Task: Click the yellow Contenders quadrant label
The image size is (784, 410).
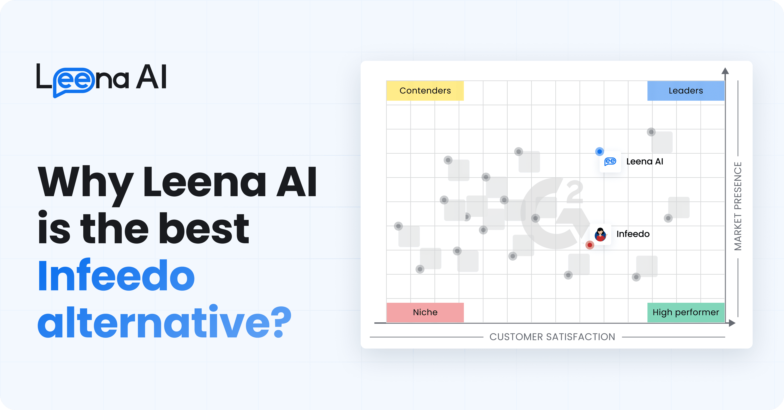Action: click(x=425, y=90)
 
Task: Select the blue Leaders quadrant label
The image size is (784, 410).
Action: click(x=686, y=90)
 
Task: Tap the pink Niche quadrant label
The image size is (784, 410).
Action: click(x=425, y=312)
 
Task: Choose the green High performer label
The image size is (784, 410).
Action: click(x=686, y=312)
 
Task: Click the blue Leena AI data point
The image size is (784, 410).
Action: click(x=599, y=151)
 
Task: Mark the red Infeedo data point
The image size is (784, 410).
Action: click(x=590, y=245)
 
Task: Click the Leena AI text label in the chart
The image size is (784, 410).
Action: click(x=645, y=162)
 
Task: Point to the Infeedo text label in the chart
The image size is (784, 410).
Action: click(x=633, y=234)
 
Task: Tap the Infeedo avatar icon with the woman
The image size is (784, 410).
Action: click(x=600, y=234)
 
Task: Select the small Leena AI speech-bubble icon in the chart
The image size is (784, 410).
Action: click(x=610, y=162)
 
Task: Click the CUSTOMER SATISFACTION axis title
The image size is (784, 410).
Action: click(x=552, y=337)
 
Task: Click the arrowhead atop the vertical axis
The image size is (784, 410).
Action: click(x=725, y=71)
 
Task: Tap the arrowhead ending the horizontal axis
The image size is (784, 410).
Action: click(x=732, y=323)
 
